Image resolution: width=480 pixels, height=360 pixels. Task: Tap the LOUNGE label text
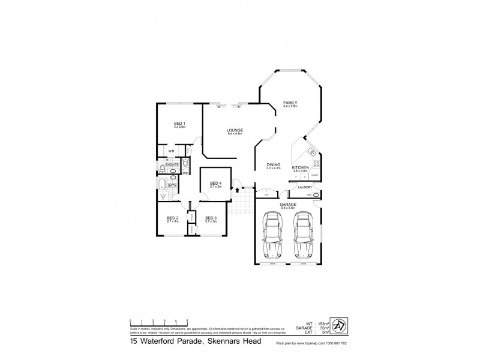point(235,130)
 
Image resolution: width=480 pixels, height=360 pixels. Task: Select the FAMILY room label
point(290,103)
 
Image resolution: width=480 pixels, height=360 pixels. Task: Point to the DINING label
point(274,165)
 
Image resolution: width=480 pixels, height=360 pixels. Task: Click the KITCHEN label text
point(300,167)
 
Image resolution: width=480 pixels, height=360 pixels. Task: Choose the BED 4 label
point(216,183)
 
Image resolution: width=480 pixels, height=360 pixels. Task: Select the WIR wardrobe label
point(171,151)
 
